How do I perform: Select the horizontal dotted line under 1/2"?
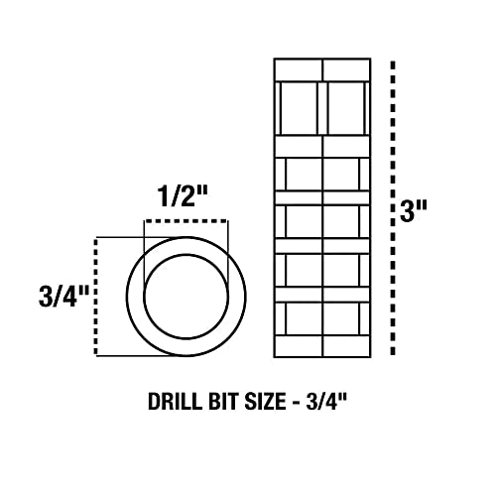(186, 220)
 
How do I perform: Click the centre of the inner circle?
(186, 296)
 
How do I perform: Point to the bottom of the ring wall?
(186, 347)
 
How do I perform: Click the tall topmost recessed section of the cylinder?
(322, 107)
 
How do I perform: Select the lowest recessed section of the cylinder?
(322, 318)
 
